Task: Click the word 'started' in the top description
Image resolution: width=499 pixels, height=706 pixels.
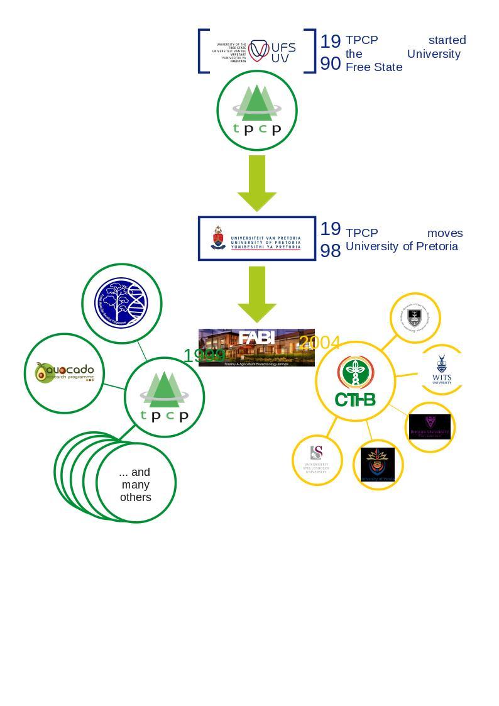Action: pos(447,40)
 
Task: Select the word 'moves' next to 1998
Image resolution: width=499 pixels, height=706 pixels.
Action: pos(444,233)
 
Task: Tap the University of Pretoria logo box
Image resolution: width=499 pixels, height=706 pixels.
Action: pos(256,238)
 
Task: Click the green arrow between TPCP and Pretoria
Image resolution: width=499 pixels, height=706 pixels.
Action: pos(256,182)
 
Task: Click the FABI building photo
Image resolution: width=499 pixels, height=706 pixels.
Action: pos(256,347)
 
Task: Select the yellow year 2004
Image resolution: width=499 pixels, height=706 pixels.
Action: pos(319,343)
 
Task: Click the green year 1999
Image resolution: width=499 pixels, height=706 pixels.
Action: pos(204,356)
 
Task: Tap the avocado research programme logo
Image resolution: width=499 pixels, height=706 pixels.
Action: pos(64,373)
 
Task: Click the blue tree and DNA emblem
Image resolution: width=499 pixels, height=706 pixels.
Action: pos(121,303)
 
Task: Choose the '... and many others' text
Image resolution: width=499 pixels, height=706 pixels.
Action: pos(136,484)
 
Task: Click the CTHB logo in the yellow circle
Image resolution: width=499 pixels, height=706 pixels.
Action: pos(355,382)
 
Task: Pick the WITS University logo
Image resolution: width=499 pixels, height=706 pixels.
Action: pos(442,370)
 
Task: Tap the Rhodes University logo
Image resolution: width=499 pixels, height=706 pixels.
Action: pos(430,427)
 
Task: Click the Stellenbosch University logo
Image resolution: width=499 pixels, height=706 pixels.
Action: pos(317,460)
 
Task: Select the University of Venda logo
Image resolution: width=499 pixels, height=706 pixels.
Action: pos(378,465)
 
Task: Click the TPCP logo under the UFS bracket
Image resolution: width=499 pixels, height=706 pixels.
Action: pos(256,111)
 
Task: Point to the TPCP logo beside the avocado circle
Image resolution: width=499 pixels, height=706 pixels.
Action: pos(164,397)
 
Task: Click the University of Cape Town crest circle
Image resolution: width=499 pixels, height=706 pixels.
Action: pos(415,317)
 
